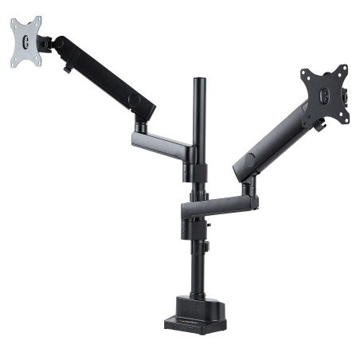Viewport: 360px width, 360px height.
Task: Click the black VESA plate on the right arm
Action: (326, 95)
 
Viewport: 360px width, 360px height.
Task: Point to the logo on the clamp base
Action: (196, 322)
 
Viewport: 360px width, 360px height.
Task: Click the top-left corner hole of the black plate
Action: (306, 75)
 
